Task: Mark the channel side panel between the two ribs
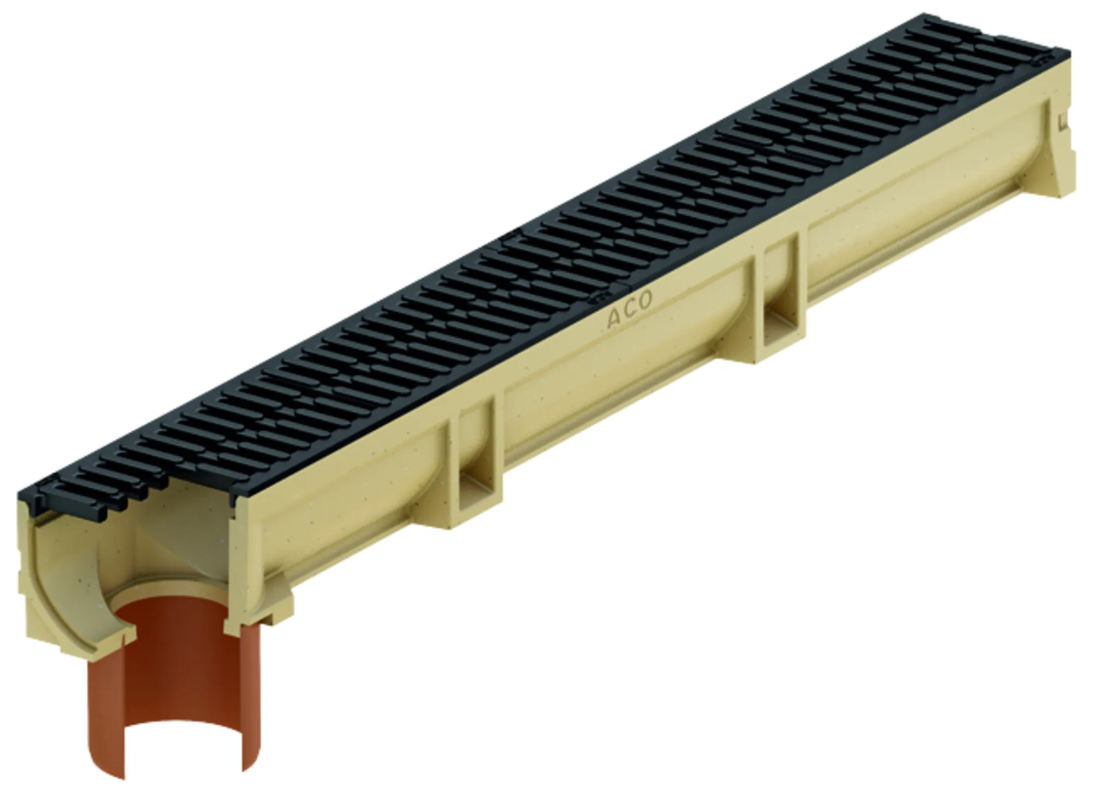pyautogui.click(x=622, y=375)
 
